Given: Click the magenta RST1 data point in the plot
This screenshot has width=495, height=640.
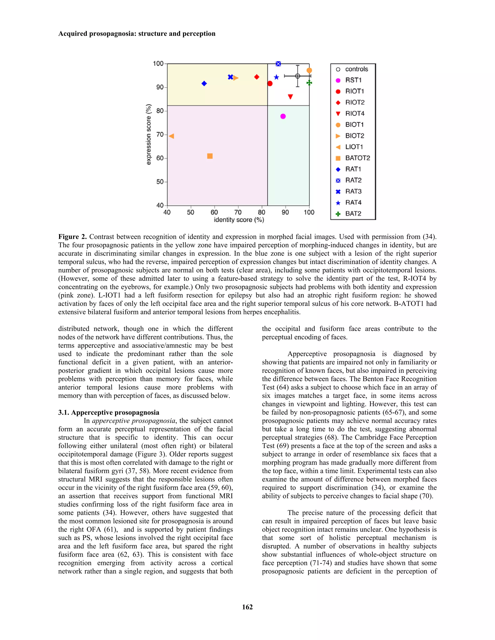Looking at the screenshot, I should pos(283,116).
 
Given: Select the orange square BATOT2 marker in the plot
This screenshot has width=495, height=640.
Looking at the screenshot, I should pos(210,156).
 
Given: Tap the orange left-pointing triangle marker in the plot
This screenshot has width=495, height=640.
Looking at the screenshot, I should pos(172,136).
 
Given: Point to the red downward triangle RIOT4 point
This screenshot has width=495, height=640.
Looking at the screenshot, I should pos(290,97).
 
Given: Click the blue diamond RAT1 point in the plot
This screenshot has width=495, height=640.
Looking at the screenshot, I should pos(204,84).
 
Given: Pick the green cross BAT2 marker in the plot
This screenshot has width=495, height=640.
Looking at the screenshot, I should pos(309,83).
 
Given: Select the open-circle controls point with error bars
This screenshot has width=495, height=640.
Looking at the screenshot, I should pos(297,76).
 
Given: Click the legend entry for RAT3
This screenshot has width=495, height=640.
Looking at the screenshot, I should pos(353,191).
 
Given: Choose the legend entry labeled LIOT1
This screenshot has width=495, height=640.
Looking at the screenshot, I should pos(354,147).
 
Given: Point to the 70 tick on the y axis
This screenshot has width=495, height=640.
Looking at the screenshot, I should pos(160,135).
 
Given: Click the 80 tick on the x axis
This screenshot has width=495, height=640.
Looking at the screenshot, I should pos(262,212).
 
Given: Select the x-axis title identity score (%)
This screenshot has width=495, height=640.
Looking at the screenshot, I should pos(239,220).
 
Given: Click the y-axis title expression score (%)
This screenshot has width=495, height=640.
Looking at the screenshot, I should pos(149,135).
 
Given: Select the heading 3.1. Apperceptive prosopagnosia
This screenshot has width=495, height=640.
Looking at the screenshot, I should pos(109,412).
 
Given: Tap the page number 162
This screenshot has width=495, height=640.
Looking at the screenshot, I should pos(247,607).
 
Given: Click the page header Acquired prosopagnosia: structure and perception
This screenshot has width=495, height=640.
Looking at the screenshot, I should pos(137,34).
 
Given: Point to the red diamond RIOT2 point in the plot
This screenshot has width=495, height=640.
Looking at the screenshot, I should pos(257,77).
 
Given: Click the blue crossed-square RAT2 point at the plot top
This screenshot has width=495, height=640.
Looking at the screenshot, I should pos(278,64).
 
